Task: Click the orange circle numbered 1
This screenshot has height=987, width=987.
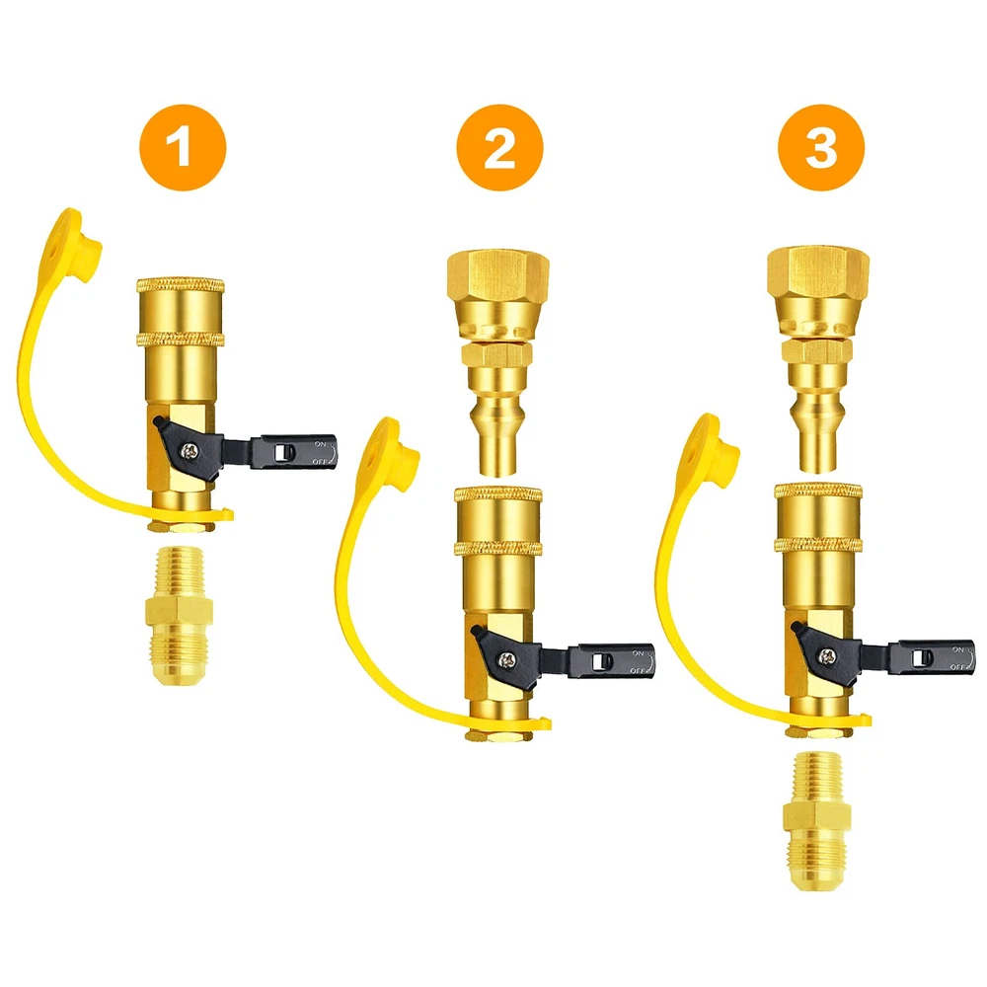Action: click(183, 147)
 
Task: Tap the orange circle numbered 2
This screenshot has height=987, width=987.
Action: click(499, 147)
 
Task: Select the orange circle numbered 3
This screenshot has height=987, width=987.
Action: click(821, 147)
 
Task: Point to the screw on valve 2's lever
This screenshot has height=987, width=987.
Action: click(506, 659)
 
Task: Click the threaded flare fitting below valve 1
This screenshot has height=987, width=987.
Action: click(179, 618)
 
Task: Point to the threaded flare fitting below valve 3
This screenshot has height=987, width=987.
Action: click(814, 821)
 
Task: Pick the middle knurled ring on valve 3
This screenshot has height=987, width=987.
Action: click(818, 545)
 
